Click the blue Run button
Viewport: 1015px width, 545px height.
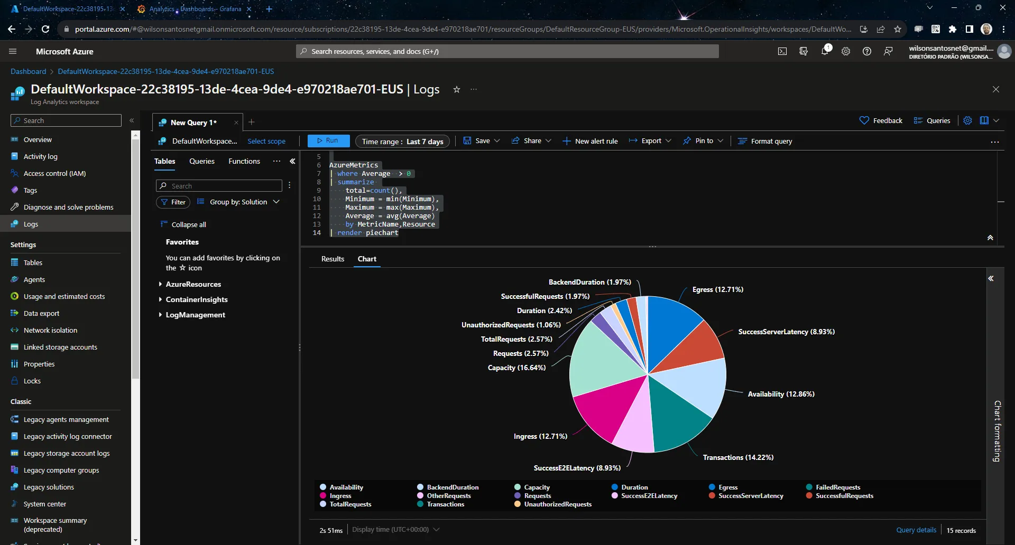pyautogui.click(x=328, y=141)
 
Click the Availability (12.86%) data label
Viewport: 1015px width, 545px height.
pyautogui.click(x=781, y=394)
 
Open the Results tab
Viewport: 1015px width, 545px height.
pyautogui.click(x=333, y=259)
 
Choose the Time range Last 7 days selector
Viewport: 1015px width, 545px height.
pyautogui.click(x=402, y=142)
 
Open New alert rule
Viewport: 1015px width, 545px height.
pyautogui.click(x=590, y=141)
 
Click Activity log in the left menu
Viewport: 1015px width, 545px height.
pyautogui.click(x=41, y=156)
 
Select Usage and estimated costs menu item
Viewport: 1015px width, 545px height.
pyautogui.click(x=64, y=296)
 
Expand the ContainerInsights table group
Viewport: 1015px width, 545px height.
pyautogui.click(x=197, y=299)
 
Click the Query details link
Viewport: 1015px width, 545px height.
pyautogui.click(x=916, y=530)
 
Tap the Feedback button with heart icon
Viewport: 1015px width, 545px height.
pyautogui.click(x=881, y=120)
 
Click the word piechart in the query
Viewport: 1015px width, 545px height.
pyautogui.click(x=382, y=233)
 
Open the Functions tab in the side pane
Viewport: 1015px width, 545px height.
pyautogui.click(x=244, y=161)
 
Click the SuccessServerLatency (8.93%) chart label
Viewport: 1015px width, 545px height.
pyautogui.click(x=787, y=332)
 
